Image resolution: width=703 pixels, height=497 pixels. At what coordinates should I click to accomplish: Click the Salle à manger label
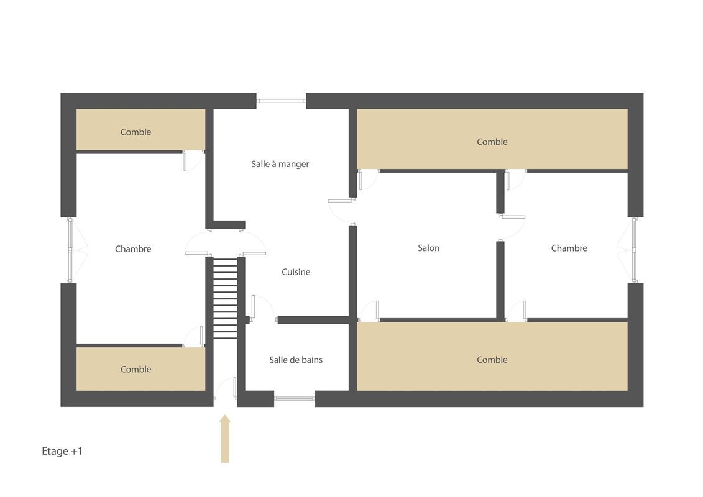point(280,164)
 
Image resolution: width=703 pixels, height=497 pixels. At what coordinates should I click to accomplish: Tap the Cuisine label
point(296,271)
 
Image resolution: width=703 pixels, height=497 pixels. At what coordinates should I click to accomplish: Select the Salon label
point(429,248)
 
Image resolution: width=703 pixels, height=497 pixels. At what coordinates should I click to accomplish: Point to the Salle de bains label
point(296,360)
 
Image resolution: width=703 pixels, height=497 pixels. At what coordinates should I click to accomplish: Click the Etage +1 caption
point(62,451)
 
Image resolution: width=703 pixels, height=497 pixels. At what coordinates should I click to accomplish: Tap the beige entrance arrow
point(225,439)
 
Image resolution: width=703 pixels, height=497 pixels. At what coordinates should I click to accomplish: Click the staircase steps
point(225,298)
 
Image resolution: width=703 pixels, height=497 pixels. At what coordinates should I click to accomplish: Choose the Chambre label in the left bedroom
point(133,248)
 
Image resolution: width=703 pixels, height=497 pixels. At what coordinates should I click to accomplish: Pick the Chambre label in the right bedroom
point(569,248)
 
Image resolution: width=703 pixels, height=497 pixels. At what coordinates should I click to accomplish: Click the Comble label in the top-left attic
point(136,132)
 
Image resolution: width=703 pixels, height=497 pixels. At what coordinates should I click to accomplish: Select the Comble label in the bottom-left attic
point(136,369)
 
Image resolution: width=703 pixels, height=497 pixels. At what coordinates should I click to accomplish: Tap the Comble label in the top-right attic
point(492,142)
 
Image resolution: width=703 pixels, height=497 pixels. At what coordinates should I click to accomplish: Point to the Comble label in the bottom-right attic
point(492,360)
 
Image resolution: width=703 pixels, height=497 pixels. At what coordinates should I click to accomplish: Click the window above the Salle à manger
point(281,101)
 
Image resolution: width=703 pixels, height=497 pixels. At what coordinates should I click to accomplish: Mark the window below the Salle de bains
point(295,398)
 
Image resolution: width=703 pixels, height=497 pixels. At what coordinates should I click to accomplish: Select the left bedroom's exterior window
point(70,250)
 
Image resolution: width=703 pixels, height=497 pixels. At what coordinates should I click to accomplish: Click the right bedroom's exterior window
point(635,250)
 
